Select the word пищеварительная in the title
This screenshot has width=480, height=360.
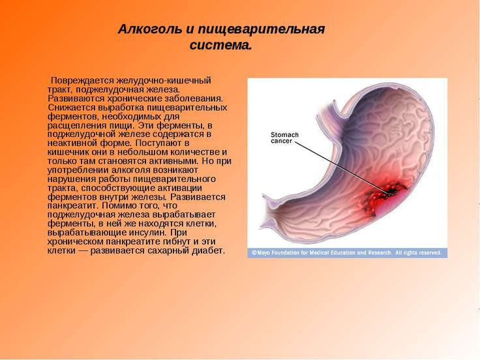(261, 30)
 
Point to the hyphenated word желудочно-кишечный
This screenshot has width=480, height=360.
(164, 81)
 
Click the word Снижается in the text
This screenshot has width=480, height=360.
(72, 108)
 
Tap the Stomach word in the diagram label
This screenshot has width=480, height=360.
(284, 135)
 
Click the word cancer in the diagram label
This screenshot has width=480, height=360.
(282, 141)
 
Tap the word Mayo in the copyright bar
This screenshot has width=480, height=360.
(264, 253)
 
